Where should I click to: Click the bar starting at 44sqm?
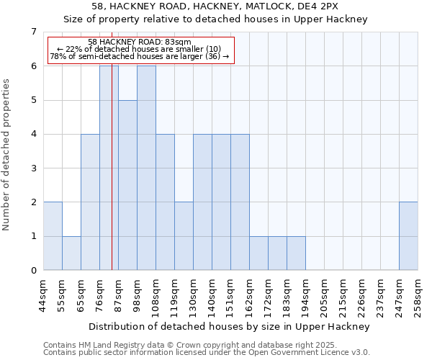53,236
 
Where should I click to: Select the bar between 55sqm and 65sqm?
71,253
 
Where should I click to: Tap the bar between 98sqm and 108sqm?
146,168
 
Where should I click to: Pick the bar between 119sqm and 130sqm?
184,236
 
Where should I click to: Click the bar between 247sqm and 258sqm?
408,236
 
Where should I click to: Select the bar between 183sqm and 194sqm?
296,253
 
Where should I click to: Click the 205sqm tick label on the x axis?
325,296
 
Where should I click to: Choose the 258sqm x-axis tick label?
418,296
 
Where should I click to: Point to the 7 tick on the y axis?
33,32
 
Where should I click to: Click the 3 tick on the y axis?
33,168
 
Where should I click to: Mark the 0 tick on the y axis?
33,271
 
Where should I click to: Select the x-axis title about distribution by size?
230,326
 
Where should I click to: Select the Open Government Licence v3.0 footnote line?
207,353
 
